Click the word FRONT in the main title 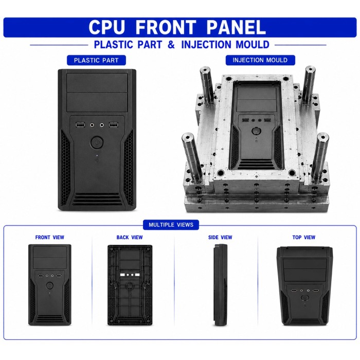[166, 27]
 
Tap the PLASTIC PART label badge [96, 60]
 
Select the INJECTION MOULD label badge [260, 60]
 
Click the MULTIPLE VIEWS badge [171, 225]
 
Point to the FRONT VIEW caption [49, 238]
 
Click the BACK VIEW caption [130, 238]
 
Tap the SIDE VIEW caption [220, 238]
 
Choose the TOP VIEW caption [304, 238]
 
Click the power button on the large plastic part [97, 142]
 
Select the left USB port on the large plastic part [80, 125]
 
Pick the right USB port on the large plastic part [113, 125]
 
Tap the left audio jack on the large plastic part [92, 125]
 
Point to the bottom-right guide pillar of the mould [319, 156]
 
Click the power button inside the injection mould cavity [256, 131]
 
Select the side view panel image [221, 285]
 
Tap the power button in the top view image [305, 298]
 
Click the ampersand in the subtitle [171, 45]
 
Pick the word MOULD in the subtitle [253, 45]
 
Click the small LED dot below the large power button [97, 155]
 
